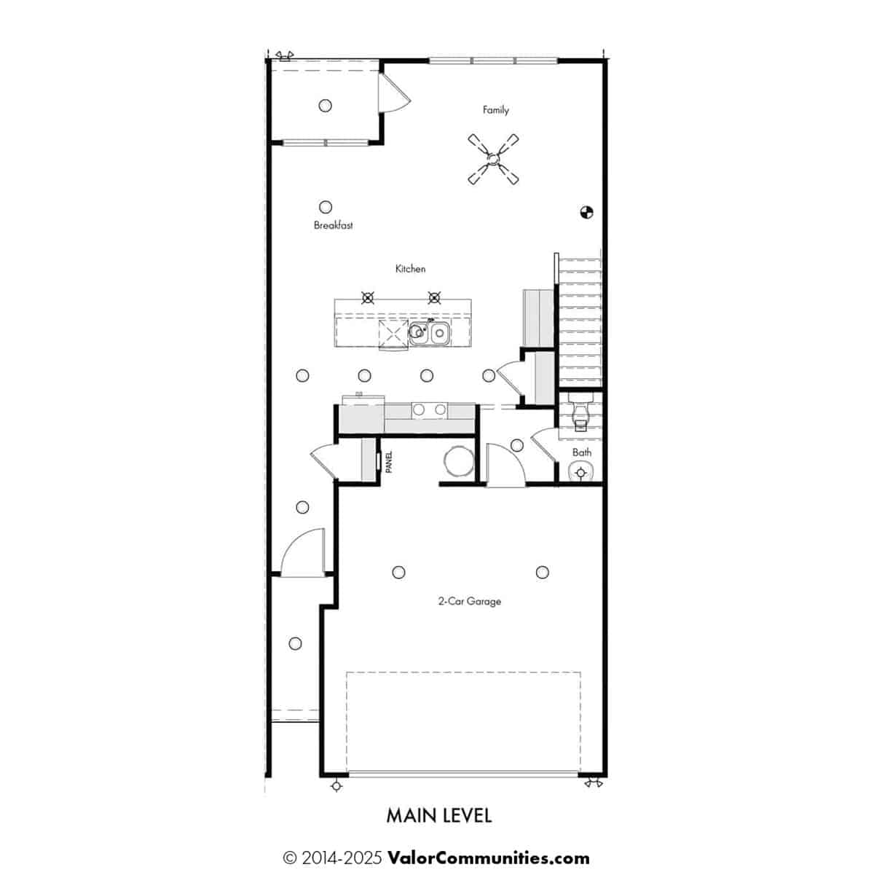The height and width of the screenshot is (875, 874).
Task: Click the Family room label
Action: tap(495, 110)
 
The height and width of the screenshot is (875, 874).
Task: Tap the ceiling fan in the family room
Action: tap(493, 159)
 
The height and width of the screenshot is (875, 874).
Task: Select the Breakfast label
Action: tap(334, 225)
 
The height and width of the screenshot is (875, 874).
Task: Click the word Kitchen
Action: tap(411, 269)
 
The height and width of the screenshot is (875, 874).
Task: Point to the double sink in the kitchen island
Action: tap(429, 334)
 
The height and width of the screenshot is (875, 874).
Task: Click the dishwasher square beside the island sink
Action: tap(393, 332)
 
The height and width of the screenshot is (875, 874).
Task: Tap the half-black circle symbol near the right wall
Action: tap(586, 212)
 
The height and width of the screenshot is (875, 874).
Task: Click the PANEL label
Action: tap(389, 462)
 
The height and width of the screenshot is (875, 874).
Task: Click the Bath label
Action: tap(582, 452)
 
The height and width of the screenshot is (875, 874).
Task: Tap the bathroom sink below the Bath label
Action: tap(580, 472)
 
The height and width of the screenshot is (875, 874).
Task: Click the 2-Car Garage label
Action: tap(470, 602)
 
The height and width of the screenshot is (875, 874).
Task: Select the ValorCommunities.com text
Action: tap(489, 859)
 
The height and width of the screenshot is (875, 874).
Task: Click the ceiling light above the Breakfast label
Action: tap(325, 207)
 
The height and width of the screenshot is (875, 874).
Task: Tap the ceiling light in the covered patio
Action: tap(325, 106)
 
